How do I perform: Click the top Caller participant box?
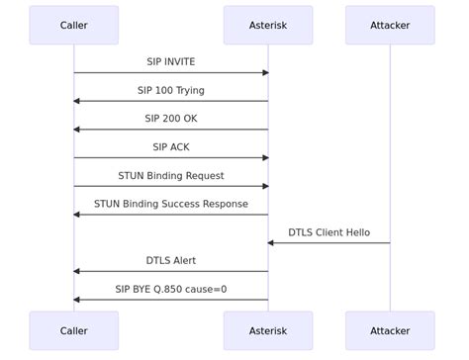coord(73,26)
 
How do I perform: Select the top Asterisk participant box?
coord(268,26)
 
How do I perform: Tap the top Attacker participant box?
coord(390,26)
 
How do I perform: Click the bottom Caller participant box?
coord(73,331)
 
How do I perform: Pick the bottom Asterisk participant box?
coord(268,331)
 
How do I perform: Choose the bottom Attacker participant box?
coord(390,331)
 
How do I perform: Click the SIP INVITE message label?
coord(171,62)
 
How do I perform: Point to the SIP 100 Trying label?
coord(171,91)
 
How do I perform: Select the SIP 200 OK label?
coord(171,119)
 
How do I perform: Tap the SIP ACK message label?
coord(171,147)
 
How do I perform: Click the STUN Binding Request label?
coord(171,176)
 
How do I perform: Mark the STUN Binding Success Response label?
coord(171,204)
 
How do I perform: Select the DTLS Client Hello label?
coord(329,232)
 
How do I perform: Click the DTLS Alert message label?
coord(171,261)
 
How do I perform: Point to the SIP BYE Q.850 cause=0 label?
coord(171,290)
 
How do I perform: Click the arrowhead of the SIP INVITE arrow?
coord(264,73)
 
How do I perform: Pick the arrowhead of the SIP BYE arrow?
coord(77,300)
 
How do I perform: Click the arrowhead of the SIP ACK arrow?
coord(264,158)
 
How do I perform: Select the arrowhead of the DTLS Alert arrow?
coord(77,271)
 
